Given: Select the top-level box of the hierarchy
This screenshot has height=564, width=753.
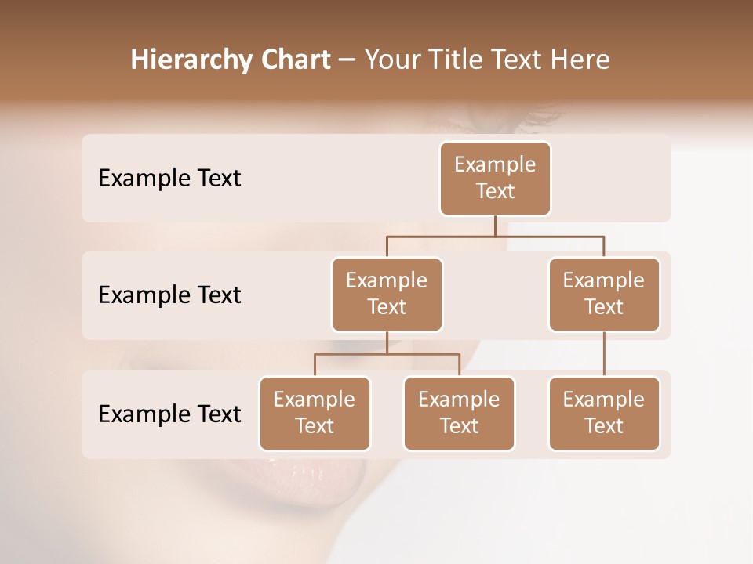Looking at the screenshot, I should pyautogui.click(x=495, y=179).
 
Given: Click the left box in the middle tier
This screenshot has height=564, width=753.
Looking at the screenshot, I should pyautogui.click(x=387, y=295).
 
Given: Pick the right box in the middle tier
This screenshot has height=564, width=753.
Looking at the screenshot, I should pyautogui.click(x=604, y=295).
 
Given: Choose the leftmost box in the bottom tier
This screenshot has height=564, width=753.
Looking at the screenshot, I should pyautogui.click(x=315, y=414).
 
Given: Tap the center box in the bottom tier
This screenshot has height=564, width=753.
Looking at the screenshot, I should pyautogui.click(x=459, y=414).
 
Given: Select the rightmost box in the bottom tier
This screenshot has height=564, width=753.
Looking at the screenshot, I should pyautogui.click(x=604, y=414).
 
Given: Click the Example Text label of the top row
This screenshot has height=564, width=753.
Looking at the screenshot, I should pyautogui.click(x=169, y=179).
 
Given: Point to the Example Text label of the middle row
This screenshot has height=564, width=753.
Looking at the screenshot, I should pyautogui.click(x=169, y=295).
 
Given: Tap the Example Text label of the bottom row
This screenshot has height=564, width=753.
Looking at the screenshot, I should pyautogui.click(x=169, y=414).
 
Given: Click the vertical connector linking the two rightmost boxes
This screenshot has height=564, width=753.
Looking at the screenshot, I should pyautogui.click(x=604, y=354).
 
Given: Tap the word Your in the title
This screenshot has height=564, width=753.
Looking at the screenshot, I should pyautogui.click(x=391, y=60).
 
